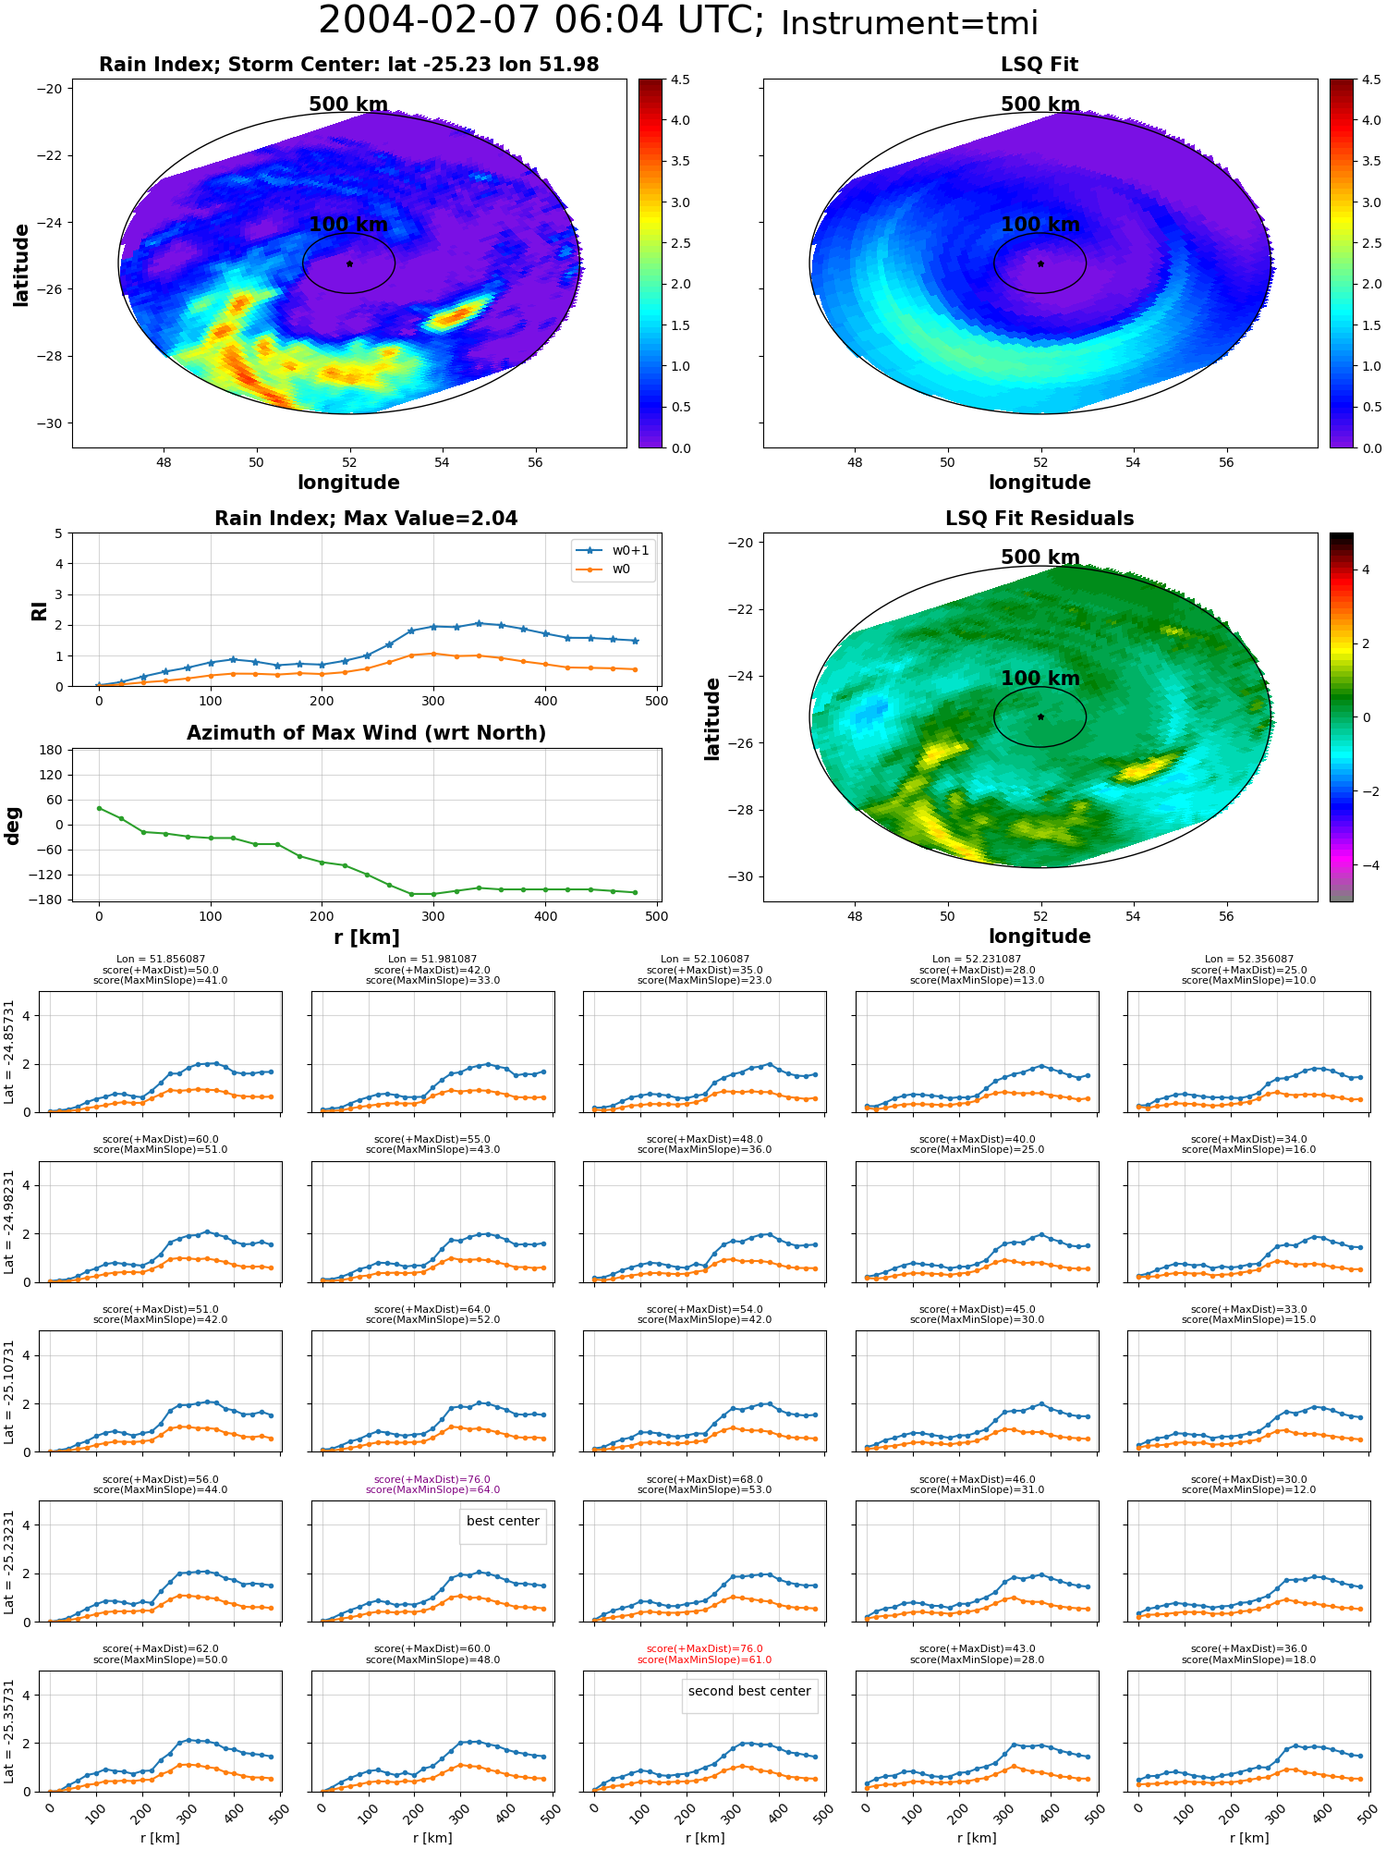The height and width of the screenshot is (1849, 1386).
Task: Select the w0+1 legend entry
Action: click(x=613, y=550)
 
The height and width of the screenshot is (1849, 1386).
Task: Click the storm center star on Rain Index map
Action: click(x=349, y=263)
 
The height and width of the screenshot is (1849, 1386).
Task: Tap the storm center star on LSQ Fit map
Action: click(x=1040, y=263)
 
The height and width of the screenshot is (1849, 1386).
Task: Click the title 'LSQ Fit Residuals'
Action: click(x=1039, y=519)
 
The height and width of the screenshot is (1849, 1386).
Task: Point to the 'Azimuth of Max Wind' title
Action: click(x=366, y=733)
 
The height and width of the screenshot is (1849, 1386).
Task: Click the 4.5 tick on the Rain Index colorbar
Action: click(x=680, y=80)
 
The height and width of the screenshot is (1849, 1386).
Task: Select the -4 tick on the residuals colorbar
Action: click(x=1366, y=865)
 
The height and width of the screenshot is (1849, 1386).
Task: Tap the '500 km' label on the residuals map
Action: click(x=1040, y=557)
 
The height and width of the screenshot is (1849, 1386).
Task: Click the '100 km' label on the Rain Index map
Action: click(x=348, y=225)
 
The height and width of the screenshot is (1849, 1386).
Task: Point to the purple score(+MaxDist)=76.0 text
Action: click(x=432, y=1479)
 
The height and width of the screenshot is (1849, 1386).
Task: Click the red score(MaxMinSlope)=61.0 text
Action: click(x=704, y=1659)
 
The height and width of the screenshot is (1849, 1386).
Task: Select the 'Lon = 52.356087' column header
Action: click(x=1248, y=959)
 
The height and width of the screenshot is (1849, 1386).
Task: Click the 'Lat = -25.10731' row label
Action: click(x=9, y=1391)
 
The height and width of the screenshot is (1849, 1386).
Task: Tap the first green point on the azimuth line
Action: click(x=99, y=808)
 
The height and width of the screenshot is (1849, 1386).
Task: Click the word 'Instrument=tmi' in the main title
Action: click(x=909, y=24)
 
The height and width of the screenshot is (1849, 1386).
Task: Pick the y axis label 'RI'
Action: click(x=40, y=610)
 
